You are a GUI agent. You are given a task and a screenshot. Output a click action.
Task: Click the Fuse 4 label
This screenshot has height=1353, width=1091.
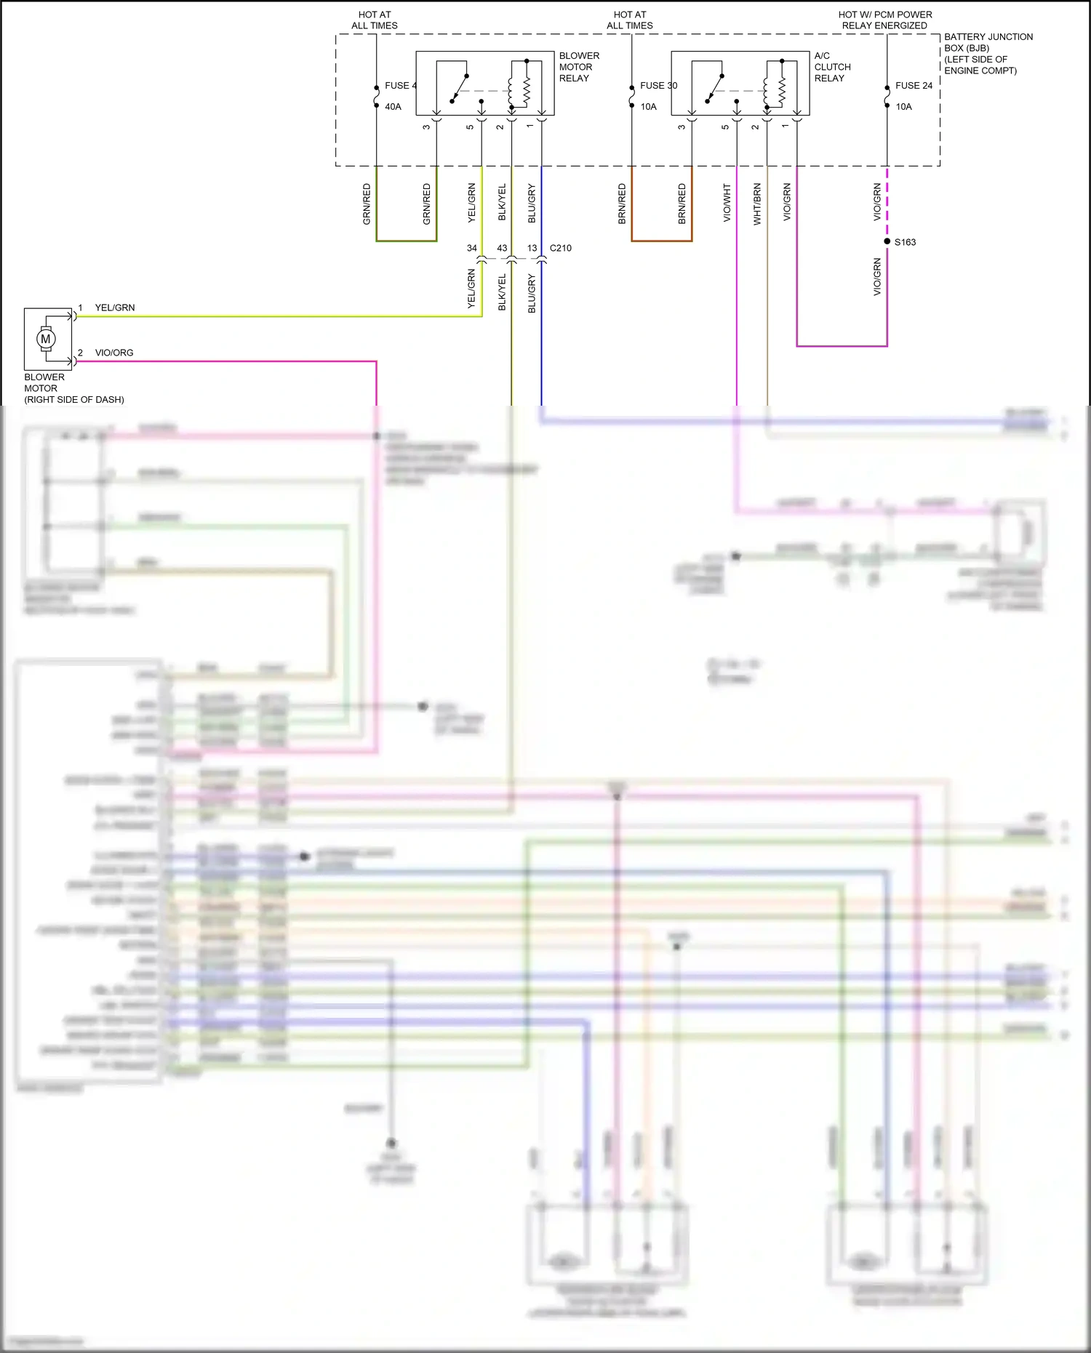tap(401, 86)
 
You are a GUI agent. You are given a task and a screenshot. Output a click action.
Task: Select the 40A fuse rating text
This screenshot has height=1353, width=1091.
tap(393, 107)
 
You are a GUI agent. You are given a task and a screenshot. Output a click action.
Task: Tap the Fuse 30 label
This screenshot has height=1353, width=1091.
tap(658, 86)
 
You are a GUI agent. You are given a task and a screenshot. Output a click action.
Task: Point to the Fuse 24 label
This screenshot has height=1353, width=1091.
tap(914, 86)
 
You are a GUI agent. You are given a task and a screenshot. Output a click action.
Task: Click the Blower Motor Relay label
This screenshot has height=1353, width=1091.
tap(579, 67)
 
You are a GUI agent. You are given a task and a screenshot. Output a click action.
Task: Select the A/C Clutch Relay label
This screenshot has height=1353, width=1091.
tap(832, 67)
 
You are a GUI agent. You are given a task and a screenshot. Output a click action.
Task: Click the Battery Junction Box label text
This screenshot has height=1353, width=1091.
tap(988, 54)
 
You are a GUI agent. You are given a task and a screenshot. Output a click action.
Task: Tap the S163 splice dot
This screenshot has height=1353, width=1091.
tap(887, 241)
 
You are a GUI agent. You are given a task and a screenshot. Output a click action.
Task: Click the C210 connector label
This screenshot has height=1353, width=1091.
tap(561, 248)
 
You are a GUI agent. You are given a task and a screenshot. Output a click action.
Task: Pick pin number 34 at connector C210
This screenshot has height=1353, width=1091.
tap(472, 248)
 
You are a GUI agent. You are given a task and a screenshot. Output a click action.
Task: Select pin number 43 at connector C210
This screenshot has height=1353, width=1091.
tap(502, 248)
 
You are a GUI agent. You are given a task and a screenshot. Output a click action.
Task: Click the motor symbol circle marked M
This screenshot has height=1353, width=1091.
tap(46, 339)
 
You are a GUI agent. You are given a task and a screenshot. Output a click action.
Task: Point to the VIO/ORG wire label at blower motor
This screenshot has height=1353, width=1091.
tap(114, 353)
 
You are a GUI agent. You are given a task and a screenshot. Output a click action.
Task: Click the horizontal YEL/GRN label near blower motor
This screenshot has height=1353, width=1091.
tap(115, 308)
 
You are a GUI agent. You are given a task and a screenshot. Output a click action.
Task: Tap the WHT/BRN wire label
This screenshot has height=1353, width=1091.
tap(757, 204)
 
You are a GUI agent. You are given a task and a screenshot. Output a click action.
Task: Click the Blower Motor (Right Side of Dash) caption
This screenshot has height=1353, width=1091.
tap(73, 388)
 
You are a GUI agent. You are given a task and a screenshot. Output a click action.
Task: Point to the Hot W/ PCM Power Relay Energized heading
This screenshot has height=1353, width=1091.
tap(884, 20)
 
